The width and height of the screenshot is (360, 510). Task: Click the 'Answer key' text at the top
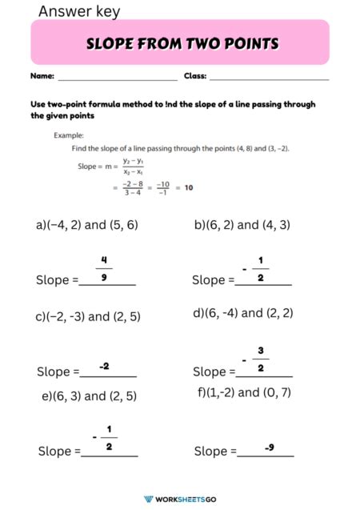click(78, 11)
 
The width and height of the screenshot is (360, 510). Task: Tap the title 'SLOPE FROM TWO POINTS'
click(182, 43)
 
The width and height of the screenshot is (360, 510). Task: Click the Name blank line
click(117, 78)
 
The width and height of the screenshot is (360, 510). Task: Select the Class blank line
click(269, 78)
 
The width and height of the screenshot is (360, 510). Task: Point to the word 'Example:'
click(69, 135)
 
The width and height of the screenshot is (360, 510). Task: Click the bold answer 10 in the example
click(189, 187)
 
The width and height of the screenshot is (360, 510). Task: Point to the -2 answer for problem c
click(105, 366)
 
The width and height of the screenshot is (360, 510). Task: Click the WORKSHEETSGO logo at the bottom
click(180, 499)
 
